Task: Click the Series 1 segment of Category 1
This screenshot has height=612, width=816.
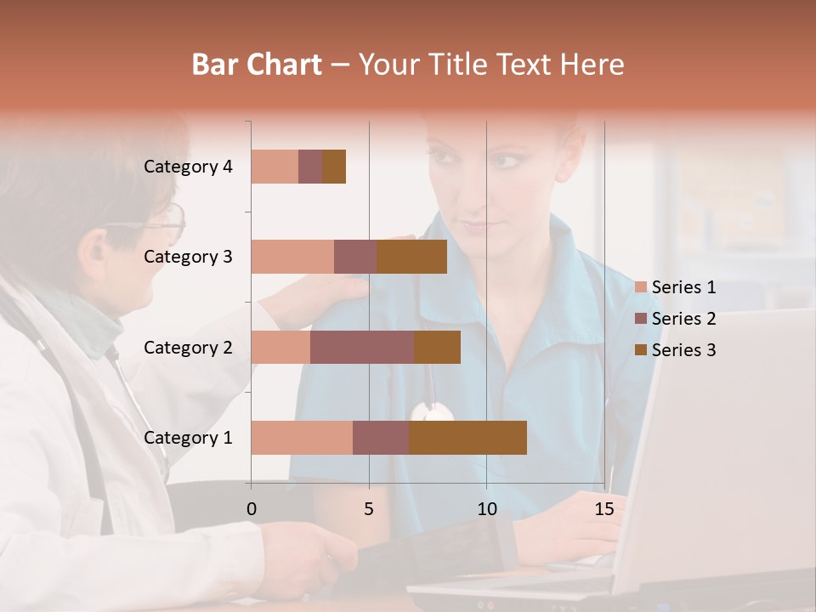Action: click(302, 437)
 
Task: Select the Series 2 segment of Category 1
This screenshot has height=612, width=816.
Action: click(381, 437)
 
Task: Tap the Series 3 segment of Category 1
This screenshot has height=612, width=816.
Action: click(467, 437)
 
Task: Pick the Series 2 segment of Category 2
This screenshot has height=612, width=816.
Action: click(362, 347)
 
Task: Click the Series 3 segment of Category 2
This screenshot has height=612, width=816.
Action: click(437, 347)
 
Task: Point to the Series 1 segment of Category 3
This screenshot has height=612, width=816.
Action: click(292, 256)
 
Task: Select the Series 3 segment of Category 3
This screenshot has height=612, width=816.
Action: click(411, 256)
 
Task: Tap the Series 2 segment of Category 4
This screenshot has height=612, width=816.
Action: click(310, 166)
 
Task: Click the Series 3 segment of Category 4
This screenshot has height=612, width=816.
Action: click(334, 166)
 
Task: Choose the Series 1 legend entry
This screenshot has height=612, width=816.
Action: click(683, 287)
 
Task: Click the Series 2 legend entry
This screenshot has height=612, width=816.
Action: click(683, 319)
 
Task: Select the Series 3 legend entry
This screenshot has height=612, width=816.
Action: click(683, 350)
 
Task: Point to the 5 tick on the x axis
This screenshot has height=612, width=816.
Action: click(369, 509)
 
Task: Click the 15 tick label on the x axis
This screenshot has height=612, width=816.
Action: click(604, 509)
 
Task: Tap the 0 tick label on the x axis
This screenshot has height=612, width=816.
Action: click(252, 509)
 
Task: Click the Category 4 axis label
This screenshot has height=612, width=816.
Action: click(188, 167)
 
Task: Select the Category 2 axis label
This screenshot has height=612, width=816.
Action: click(188, 348)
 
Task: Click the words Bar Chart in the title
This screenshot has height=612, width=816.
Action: click(257, 65)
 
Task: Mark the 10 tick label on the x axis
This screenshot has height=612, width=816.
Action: click(486, 509)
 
